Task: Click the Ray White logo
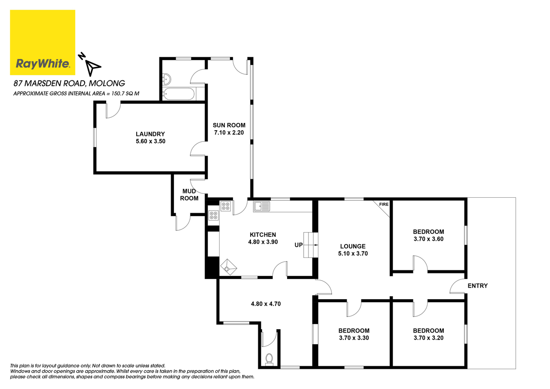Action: coord(43,43)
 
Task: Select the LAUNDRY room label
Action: coord(150,134)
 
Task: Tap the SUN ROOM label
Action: coord(229,125)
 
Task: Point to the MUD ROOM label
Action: coord(189,195)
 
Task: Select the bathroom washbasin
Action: coord(167,79)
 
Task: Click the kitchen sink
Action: coord(261,206)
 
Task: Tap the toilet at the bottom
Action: coord(269,359)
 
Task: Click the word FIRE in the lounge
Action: coord(383,204)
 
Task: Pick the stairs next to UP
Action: coord(311,245)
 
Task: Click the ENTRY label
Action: coord(477,286)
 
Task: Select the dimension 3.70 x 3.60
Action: coord(428,239)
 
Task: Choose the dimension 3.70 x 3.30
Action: coord(354,338)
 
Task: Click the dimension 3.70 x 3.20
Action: coord(428,338)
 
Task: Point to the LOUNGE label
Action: coord(353,246)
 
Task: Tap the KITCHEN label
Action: coord(263,235)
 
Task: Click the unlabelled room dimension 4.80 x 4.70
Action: coord(266,303)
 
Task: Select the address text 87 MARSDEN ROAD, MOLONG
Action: coord(69,83)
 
